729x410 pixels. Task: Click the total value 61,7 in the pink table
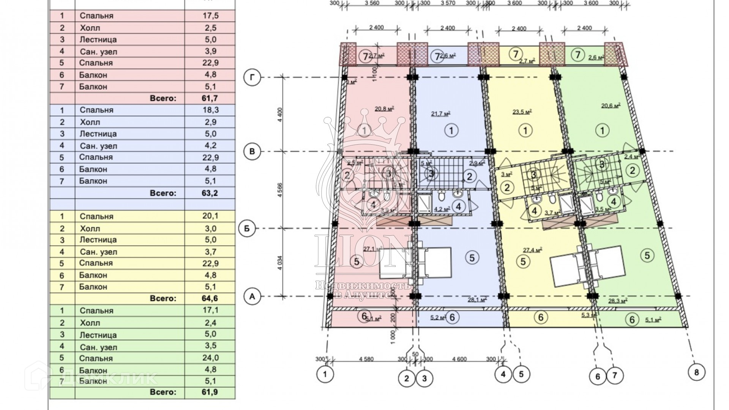tap(210, 98)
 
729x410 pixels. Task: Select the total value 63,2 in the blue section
tap(210, 193)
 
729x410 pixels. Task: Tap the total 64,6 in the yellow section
tap(210, 298)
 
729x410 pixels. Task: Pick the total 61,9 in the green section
tap(210, 392)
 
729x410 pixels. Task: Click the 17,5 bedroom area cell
tap(210, 16)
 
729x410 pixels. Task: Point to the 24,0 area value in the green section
tap(210, 358)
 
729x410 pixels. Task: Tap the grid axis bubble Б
tap(247, 229)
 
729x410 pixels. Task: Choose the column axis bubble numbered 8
tap(696, 372)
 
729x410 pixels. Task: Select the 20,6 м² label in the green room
tap(610, 106)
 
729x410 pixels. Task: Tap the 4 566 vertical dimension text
tap(280, 189)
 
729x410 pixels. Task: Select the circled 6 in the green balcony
tap(632, 320)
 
